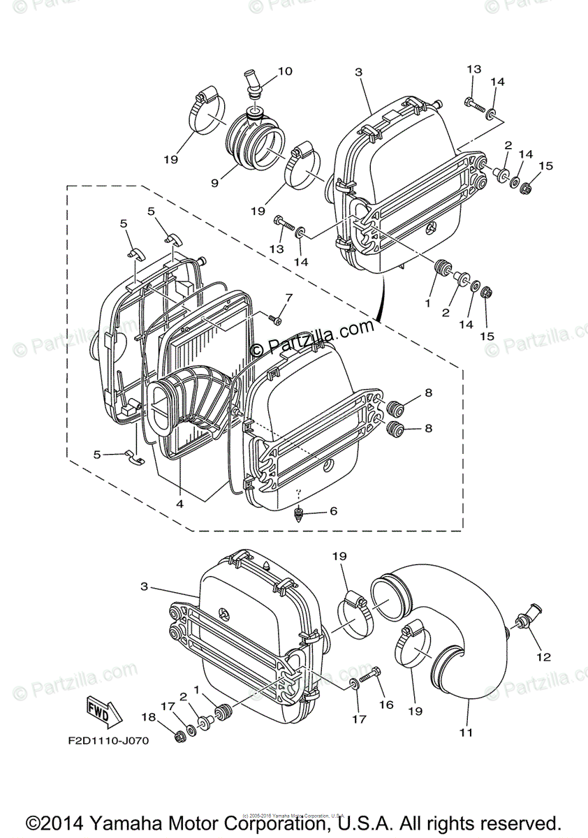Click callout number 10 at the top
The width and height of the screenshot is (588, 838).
click(x=285, y=71)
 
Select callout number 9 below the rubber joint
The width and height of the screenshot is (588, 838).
click(x=215, y=184)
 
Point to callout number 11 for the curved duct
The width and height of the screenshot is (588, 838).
click(x=466, y=733)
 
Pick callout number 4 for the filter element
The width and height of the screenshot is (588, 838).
click(x=180, y=503)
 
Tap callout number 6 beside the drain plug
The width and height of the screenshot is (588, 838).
click(x=333, y=511)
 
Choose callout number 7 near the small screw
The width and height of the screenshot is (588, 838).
click(x=288, y=297)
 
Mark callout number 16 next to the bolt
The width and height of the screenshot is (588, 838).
click(x=386, y=705)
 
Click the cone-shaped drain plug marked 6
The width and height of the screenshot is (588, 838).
click(x=299, y=515)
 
